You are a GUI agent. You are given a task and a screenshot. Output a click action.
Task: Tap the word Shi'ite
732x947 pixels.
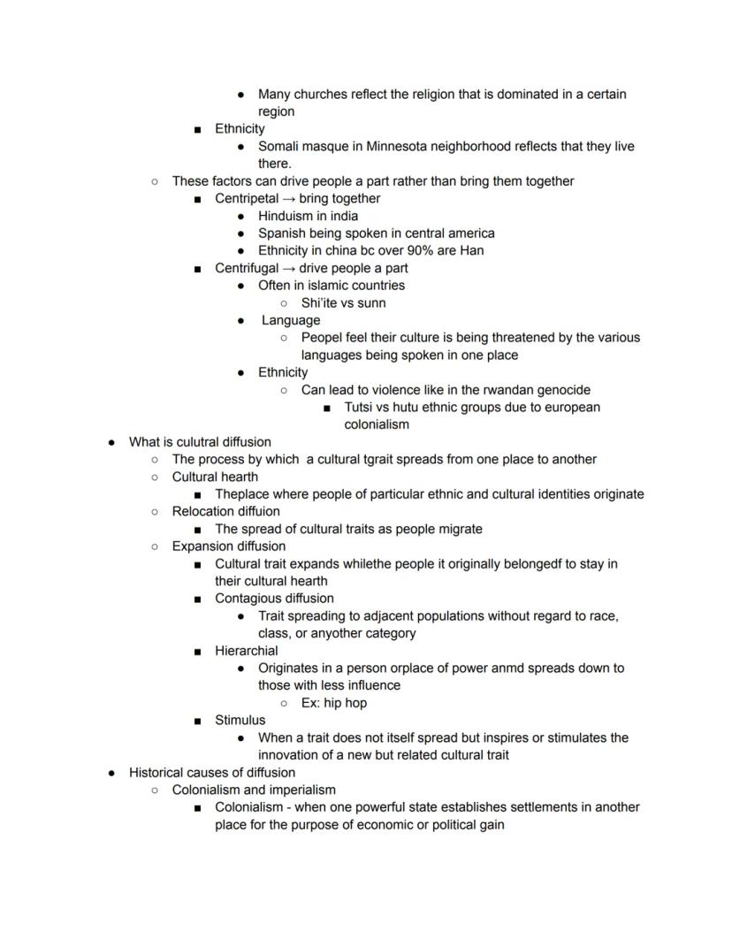[x=322, y=302]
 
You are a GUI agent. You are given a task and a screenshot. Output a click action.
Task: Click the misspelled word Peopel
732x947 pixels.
[x=323, y=337]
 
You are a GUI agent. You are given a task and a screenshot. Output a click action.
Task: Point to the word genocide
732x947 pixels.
[x=562, y=390]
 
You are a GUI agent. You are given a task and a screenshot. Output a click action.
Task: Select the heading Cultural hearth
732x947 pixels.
[x=215, y=477]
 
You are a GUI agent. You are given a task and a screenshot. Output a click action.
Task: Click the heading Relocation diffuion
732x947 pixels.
[x=225, y=511]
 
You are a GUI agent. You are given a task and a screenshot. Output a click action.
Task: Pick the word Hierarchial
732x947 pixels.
[x=246, y=651]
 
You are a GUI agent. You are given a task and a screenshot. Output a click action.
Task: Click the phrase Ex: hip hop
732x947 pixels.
[x=333, y=703]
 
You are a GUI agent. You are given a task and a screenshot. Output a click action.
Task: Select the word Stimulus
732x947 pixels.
[x=240, y=720]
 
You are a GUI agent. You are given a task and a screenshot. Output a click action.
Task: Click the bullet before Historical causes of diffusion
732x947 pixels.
[x=111, y=773]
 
